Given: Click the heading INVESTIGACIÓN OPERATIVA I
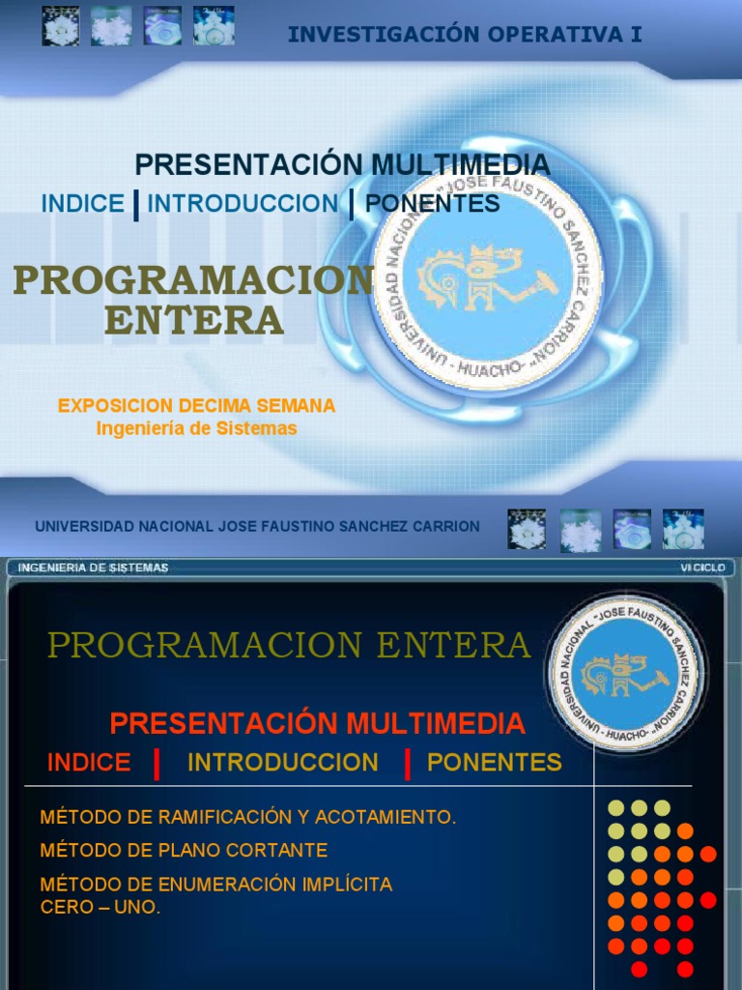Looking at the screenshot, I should coord(465,35).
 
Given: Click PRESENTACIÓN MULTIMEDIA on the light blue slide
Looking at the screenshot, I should coord(342,164).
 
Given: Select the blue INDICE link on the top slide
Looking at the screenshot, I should coord(82,204).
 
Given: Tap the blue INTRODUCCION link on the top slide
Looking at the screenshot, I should coord(243,204).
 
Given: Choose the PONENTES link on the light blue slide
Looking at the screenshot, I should coord(433,204).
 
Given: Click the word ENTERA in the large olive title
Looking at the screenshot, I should coord(194,320).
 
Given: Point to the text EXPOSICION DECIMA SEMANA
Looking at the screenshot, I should coord(196,406).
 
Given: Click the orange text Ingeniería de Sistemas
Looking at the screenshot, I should coord(196,428).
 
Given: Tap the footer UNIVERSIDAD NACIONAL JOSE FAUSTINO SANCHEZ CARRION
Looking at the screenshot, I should coord(257,527).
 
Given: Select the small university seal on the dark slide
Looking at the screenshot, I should coord(626,674).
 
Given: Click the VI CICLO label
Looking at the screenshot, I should coord(702,568).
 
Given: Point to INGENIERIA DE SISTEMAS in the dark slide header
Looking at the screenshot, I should coord(94,568).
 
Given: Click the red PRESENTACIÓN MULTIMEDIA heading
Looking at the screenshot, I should coord(318,723).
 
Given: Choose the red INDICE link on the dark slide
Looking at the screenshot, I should coord(89,763).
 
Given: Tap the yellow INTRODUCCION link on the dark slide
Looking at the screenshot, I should coord(283,763).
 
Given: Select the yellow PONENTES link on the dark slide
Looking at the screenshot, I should coord(495,763).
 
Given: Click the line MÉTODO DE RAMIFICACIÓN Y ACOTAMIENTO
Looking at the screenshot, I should coord(248,818).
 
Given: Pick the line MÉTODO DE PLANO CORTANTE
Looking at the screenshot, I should coord(184,851).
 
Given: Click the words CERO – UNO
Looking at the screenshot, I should coord(100,908).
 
